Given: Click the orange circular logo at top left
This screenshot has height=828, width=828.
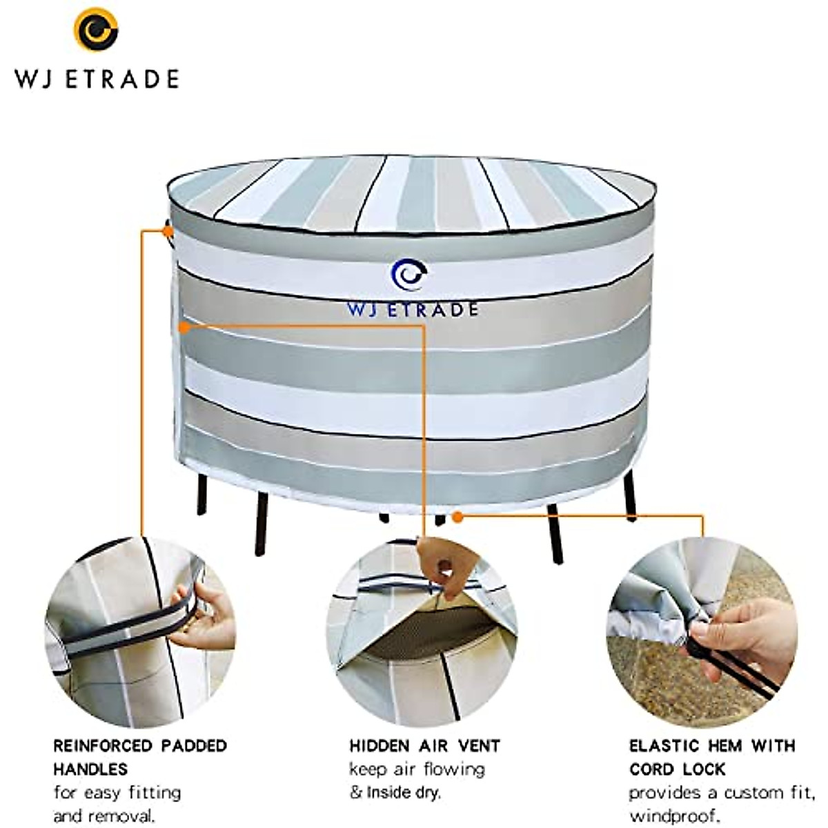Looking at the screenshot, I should pos(96,29).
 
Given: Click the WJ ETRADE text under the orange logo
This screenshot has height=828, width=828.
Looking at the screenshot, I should pos(97,79).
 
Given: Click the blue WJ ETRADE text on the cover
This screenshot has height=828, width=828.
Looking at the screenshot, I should pos(413,310).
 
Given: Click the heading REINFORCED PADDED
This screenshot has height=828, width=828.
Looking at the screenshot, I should pos(140,746).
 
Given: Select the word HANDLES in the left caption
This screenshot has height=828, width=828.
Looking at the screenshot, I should pos(90,769).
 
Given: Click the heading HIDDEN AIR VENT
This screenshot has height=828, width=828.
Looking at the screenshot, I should pos(424,746).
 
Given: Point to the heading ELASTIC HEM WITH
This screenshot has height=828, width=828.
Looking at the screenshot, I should pos(712,746).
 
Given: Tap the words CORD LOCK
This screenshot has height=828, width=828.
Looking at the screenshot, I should pos(677,769).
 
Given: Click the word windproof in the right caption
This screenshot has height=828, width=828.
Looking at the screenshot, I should pos(674,816).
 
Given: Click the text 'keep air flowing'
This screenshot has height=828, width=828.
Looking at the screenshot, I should pos(417,769).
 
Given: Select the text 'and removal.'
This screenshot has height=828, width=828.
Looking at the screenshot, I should pos(104,816).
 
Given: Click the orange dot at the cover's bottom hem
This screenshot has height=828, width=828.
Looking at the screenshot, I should pos(455,515).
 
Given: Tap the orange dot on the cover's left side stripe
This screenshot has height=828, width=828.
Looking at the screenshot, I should pos(184,328).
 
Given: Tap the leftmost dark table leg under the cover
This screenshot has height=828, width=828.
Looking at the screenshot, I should pos(201,493).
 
